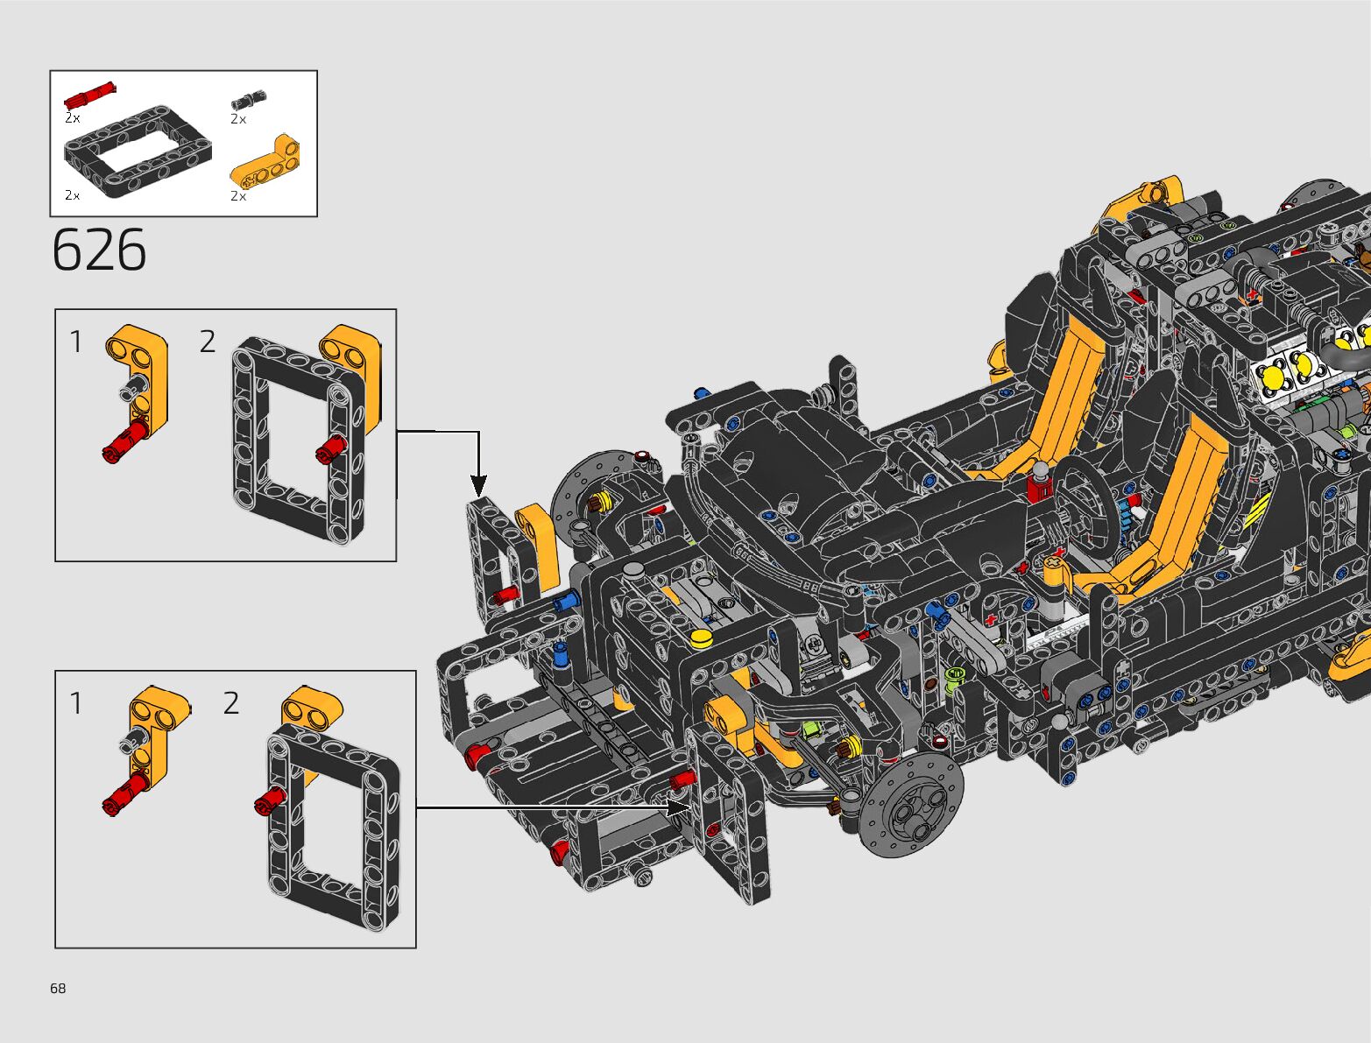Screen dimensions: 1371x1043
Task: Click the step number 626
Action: [x=99, y=250]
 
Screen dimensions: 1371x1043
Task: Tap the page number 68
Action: [x=58, y=988]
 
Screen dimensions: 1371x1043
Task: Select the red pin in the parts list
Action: [x=90, y=95]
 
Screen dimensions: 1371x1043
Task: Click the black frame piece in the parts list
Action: [x=138, y=152]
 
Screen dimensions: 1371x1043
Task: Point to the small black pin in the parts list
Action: [x=249, y=100]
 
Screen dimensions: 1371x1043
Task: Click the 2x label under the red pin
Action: [x=73, y=118]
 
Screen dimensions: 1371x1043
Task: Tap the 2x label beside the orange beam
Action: [x=238, y=196]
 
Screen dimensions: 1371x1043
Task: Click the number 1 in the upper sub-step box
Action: [x=76, y=342]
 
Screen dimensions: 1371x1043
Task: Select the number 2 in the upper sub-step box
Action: [x=208, y=342]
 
